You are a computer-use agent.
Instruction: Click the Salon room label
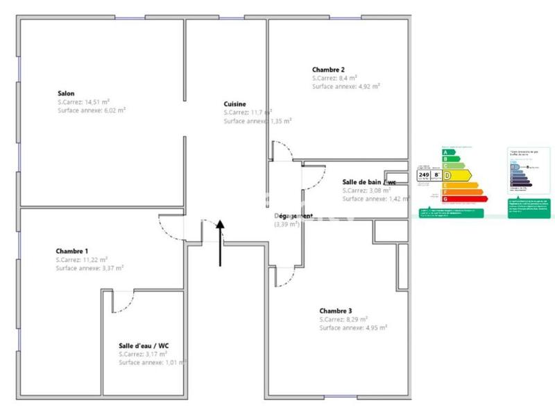[x=66, y=93]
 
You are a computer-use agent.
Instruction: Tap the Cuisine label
[x=234, y=104]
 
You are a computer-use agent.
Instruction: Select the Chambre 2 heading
[x=328, y=69]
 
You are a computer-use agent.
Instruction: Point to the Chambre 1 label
[x=72, y=251]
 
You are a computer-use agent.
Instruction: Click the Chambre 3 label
[x=336, y=311]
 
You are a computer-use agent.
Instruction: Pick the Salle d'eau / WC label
[x=144, y=345]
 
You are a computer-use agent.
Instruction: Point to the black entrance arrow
[x=221, y=243]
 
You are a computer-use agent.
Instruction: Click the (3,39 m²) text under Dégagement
[x=286, y=224]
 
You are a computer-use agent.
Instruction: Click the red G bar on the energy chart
[x=465, y=199]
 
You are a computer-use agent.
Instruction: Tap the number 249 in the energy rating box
[x=424, y=176]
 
